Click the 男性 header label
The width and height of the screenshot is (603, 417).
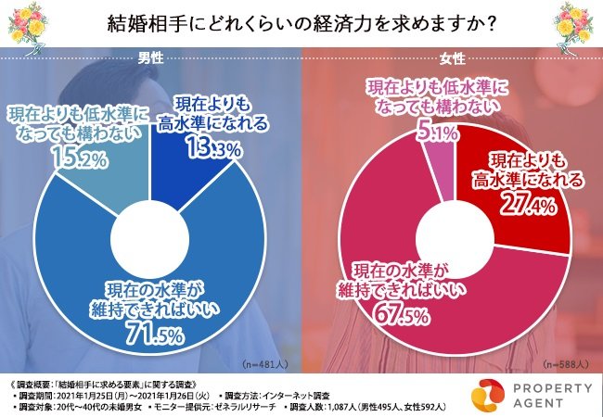pyautogui.click(x=151, y=57)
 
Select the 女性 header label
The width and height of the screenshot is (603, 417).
pyautogui.click(x=453, y=57)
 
